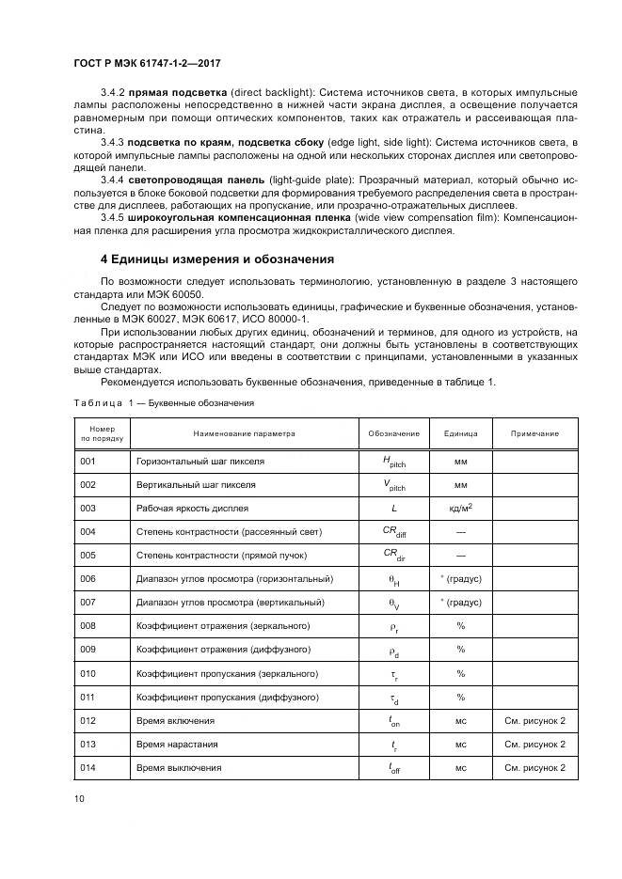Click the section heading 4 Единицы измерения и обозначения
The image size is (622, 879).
point(215,259)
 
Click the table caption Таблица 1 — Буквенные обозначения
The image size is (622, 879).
point(164,402)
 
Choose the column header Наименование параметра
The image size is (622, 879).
point(244,433)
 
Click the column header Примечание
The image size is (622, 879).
point(534,433)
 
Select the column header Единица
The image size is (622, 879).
point(461,433)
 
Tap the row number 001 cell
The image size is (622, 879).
point(88,462)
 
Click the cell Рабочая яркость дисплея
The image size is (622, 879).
point(192,509)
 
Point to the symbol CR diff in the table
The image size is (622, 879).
point(393,532)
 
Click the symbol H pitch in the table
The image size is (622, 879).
point(393,462)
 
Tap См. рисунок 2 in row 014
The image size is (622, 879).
point(534,767)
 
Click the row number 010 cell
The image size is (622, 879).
point(88,673)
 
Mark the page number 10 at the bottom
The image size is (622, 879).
point(79,799)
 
